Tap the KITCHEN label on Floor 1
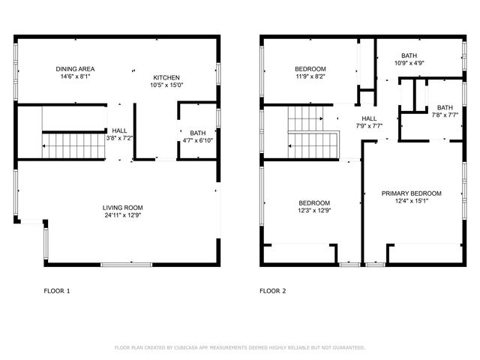point(166,77)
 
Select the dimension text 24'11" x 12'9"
point(123,215)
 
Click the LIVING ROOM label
point(123,208)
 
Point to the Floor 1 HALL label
point(120,130)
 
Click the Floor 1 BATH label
point(198,133)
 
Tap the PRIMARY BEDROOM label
point(411,193)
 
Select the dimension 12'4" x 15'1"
point(411,201)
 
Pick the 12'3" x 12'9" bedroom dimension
point(314,210)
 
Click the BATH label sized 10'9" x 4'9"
point(409,55)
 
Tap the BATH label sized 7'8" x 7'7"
point(445,107)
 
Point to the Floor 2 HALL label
point(369,118)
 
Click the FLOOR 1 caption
point(57,290)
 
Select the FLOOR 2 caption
point(273,290)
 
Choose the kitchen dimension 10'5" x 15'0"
point(166,85)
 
